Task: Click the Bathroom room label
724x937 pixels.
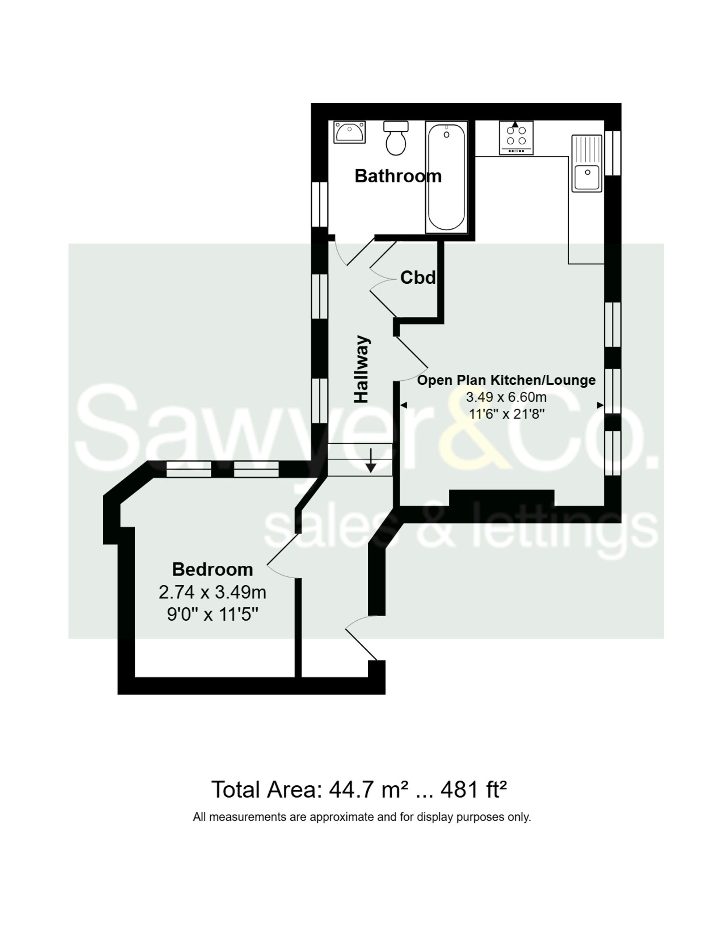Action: pos(398,176)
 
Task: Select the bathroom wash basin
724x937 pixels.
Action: pos(350,132)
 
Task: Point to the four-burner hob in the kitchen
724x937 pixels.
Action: pos(516,138)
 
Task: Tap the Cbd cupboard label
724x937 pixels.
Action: pos(418,278)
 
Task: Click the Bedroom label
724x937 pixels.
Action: pos(212,570)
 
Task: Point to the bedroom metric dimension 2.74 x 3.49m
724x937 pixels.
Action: pos(212,592)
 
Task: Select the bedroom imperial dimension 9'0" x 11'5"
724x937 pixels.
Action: pos(212,615)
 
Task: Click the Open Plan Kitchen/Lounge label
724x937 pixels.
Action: pos(506,380)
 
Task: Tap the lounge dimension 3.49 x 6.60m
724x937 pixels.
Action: pos(506,397)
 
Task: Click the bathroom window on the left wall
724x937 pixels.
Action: pos(319,204)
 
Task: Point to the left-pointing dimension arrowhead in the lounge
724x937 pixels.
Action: pos(403,405)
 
